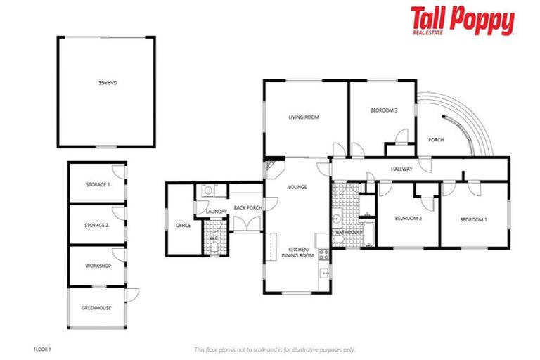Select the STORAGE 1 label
[98, 185]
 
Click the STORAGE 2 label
[98, 226]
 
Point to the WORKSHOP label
[98, 266]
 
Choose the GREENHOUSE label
[96, 308]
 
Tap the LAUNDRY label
[216, 212]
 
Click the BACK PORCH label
[248, 207]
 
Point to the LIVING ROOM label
[304, 117]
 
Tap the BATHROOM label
[349, 232]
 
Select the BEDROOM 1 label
[474, 220]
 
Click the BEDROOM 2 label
[408, 219]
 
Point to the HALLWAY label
[401, 169]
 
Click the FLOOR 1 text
[44, 349]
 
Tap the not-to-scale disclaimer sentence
[274, 349]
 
